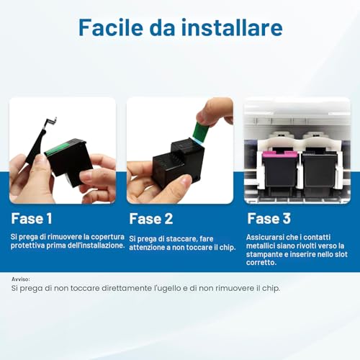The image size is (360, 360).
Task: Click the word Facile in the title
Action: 111,27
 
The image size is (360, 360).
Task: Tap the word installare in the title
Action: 232,27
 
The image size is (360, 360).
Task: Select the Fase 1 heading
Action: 32,218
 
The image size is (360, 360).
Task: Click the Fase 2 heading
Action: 151,219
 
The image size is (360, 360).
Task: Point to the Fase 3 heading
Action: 269,218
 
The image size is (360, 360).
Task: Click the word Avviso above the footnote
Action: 21,279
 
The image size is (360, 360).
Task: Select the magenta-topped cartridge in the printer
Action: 280,168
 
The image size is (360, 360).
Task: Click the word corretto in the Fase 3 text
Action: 261,262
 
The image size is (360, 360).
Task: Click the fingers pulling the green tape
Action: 215,112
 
